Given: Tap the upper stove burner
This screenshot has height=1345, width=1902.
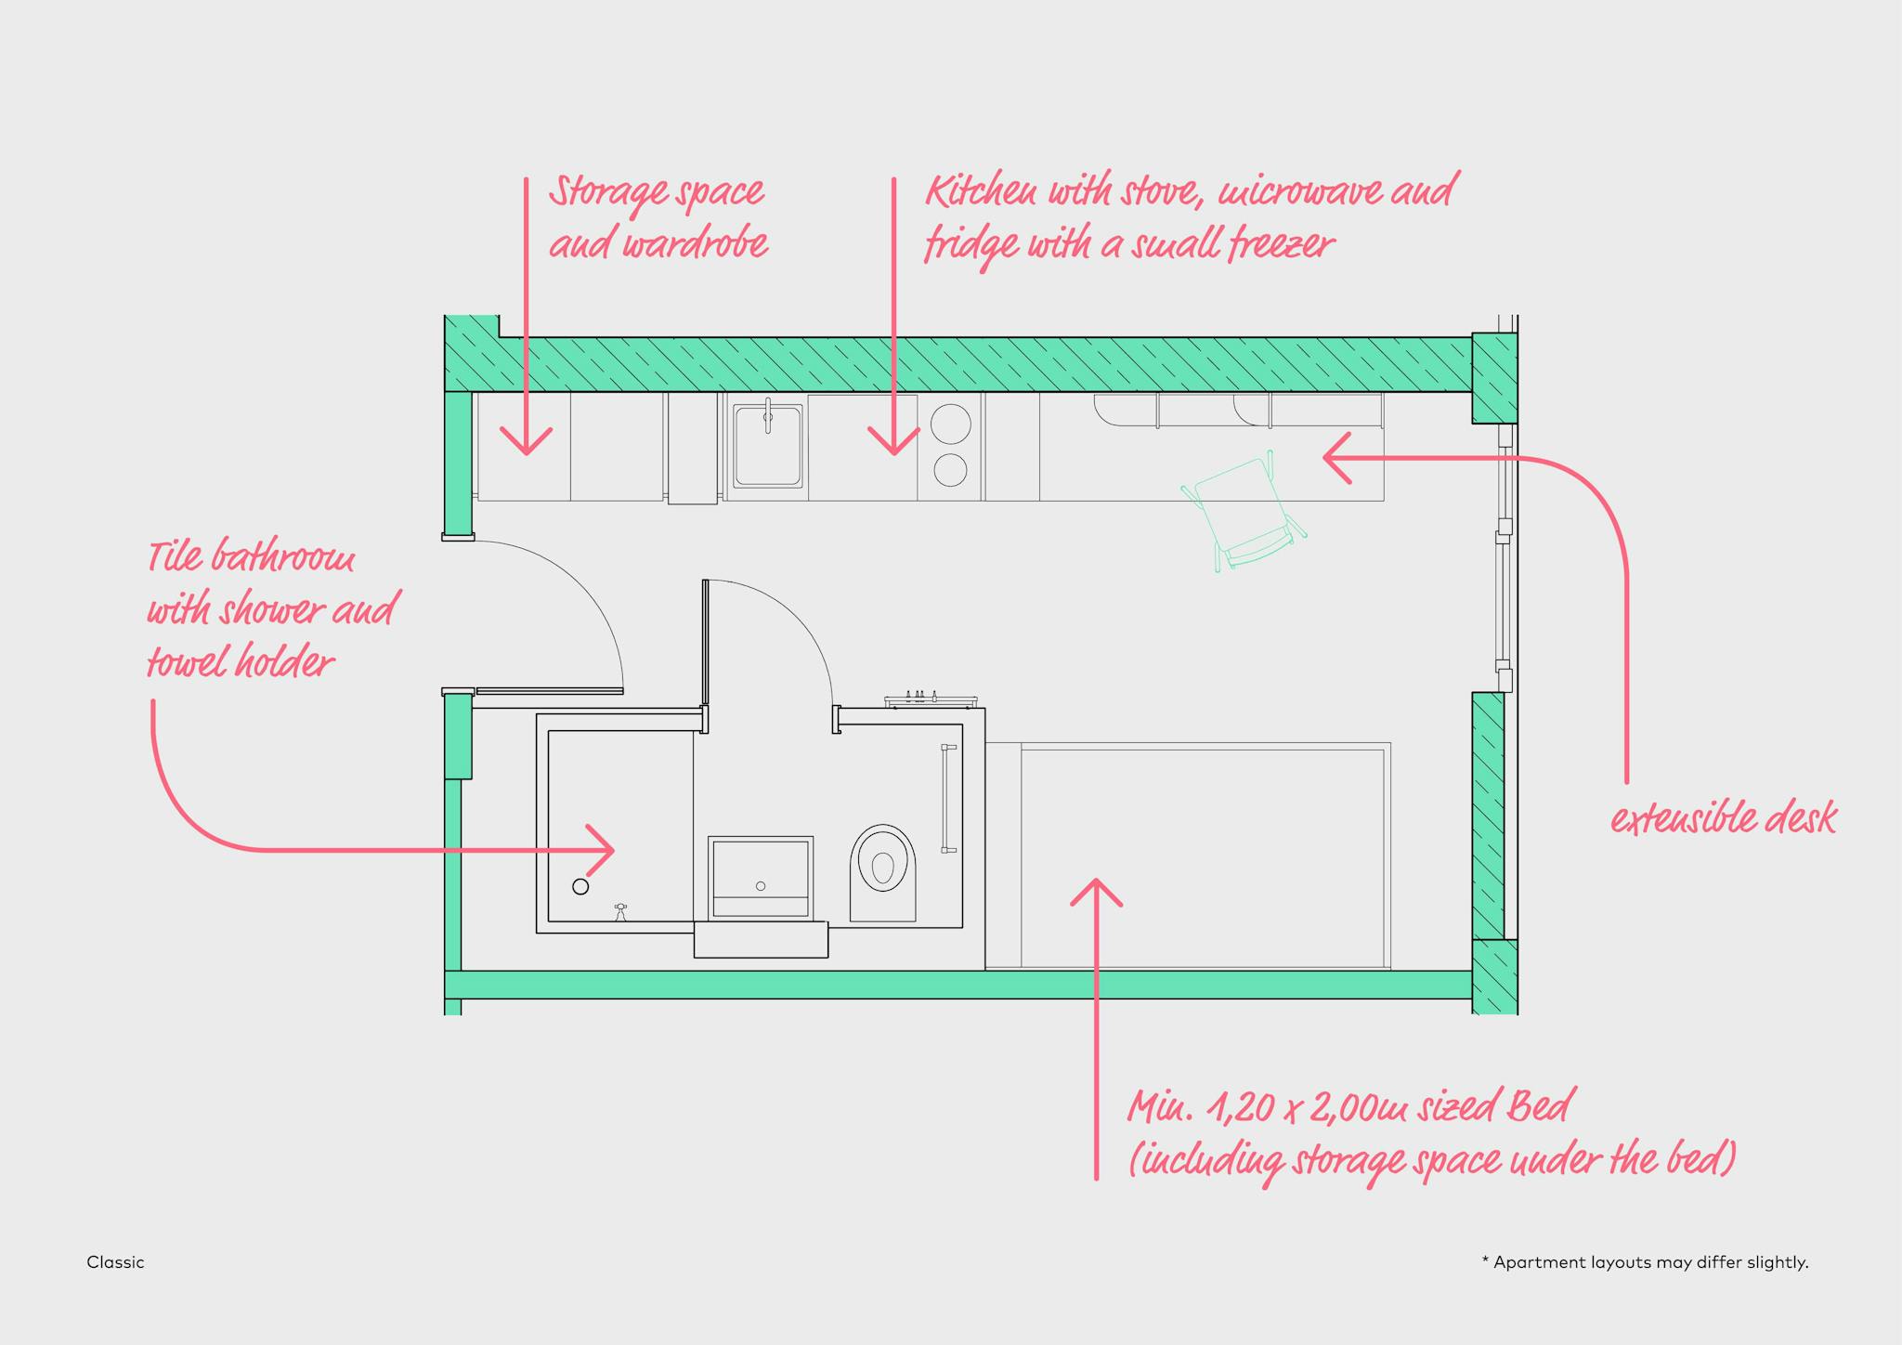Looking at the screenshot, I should pos(950,424).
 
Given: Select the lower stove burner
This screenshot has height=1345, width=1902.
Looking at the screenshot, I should pos(950,470).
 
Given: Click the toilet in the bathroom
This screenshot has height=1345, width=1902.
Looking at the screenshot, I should pos(882,869).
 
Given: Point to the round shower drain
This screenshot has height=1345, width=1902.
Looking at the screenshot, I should pos(580,886).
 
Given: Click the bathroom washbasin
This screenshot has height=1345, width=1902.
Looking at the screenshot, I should pos(761,877).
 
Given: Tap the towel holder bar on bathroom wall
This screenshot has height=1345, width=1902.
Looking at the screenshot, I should pos(948,798).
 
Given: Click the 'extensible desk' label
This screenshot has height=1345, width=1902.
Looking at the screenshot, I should pos(1723,819).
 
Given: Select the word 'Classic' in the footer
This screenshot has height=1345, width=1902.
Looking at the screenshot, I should pos(115,1262).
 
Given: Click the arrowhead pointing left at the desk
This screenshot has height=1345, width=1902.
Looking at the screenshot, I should pos(1335,457).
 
